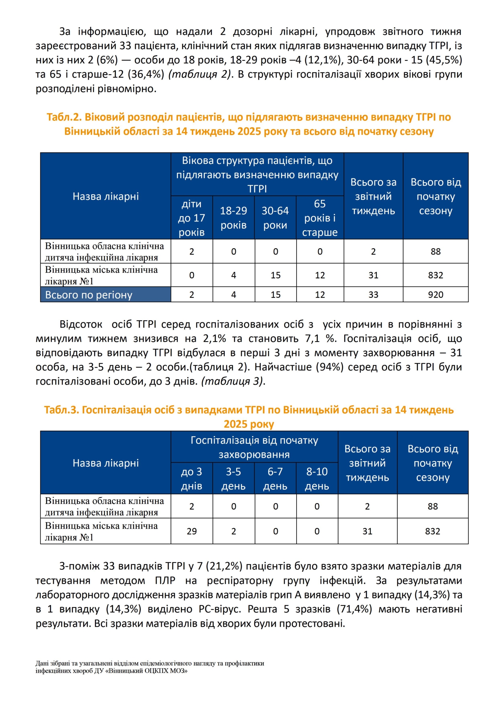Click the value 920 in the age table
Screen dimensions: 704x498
tap(435, 294)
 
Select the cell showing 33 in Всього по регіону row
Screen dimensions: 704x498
tap(373, 294)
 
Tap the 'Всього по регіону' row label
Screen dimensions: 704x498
tap(89, 294)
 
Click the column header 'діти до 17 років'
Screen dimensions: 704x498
tap(191, 218)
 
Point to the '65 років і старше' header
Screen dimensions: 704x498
tap(320, 218)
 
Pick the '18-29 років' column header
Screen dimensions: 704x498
tap(233, 218)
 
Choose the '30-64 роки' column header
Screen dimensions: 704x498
tap(275, 218)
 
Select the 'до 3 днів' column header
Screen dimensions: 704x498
tap(191, 479)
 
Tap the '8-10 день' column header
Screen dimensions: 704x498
tap(317, 479)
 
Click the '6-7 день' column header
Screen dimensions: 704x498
tap(275, 479)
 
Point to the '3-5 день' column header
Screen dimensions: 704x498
tap(233, 479)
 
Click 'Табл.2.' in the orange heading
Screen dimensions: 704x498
tap(64, 117)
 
